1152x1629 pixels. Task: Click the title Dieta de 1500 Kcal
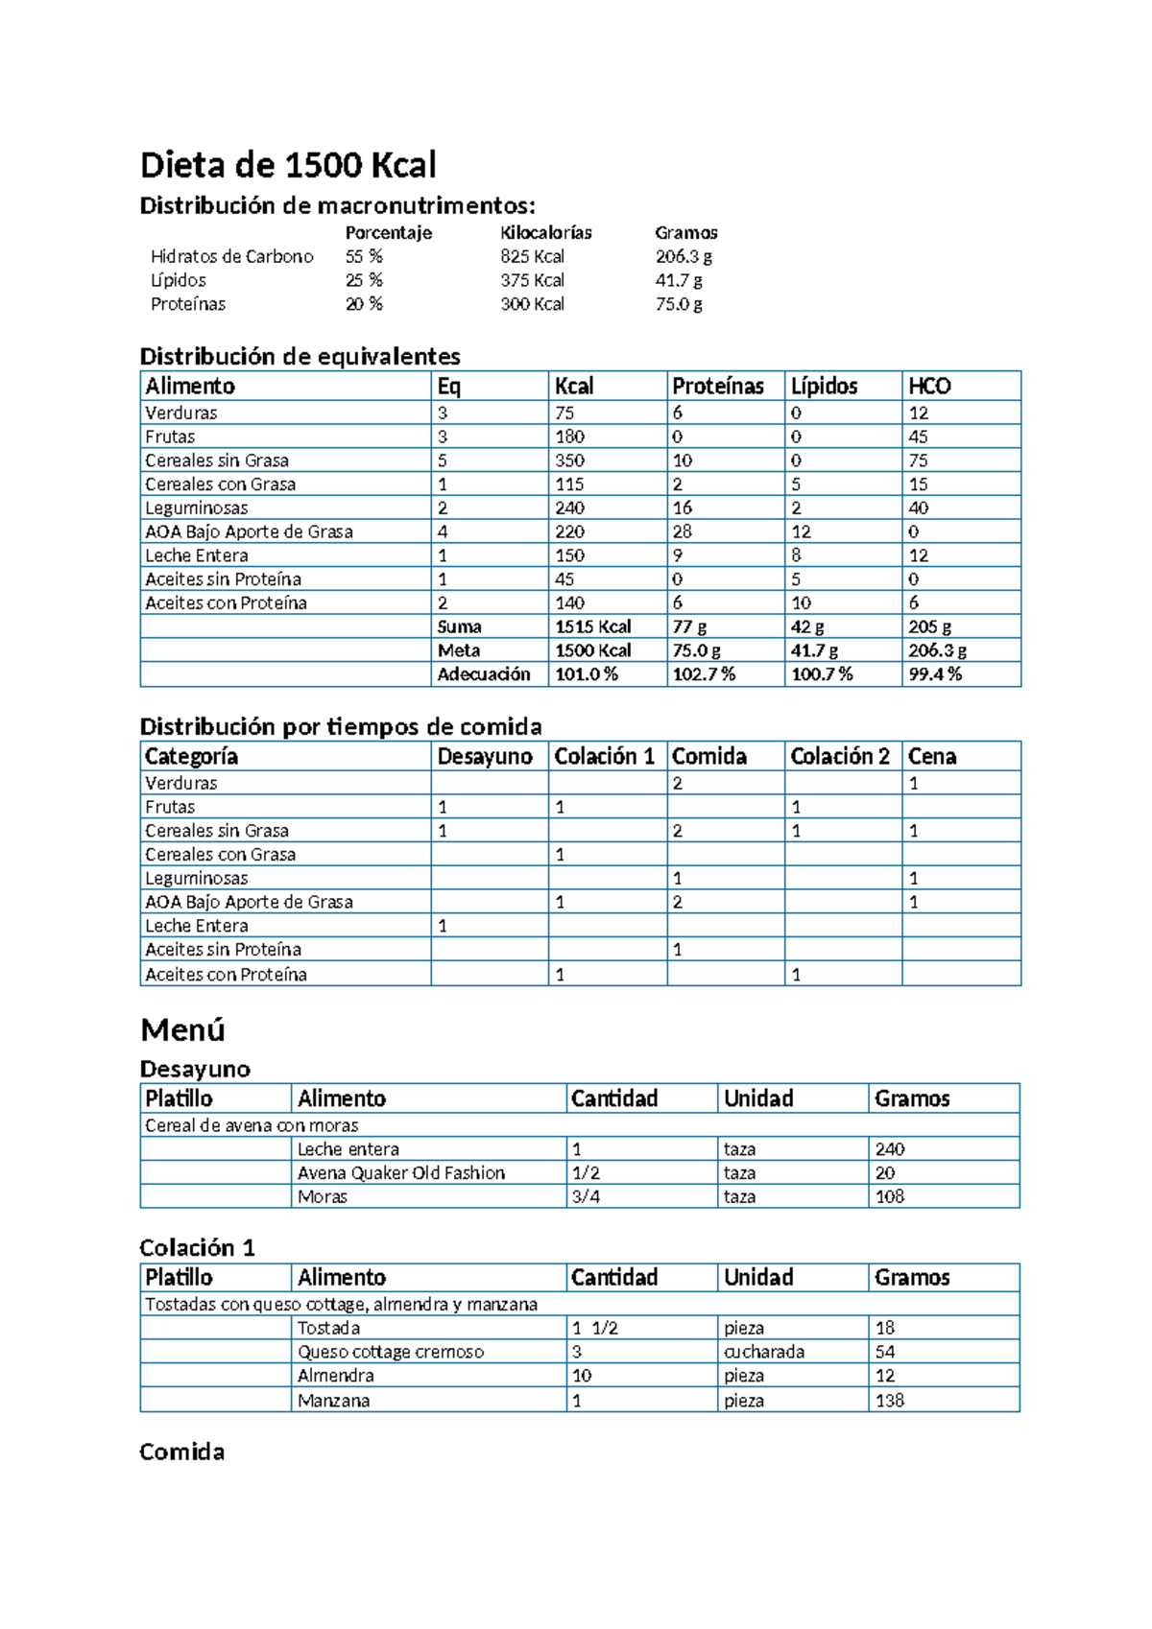tap(288, 165)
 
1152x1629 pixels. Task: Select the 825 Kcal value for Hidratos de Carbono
tap(532, 256)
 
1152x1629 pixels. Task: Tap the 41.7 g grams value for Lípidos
tap(679, 280)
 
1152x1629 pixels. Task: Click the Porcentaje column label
tap(388, 232)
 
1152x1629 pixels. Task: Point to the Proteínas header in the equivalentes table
tap(718, 386)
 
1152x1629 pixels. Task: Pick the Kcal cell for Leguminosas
tap(570, 508)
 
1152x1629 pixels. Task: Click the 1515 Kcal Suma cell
tap(593, 626)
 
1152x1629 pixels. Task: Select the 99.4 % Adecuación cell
tap(935, 674)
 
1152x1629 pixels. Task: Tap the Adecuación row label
tap(484, 674)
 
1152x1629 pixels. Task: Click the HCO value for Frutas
tap(919, 437)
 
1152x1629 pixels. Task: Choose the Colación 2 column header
tap(840, 756)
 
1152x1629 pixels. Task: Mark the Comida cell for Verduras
tap(678, 783)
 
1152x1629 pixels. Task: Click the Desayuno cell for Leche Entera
tap(443, 926)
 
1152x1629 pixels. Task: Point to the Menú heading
tap(182, 1029)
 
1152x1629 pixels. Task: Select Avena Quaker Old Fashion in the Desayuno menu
tap(401, 1172)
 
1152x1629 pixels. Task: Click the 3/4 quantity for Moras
tap(586, 1196)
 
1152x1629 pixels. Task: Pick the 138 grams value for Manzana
tap(890, 1400)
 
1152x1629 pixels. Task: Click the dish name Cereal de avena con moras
tap(252, 1125)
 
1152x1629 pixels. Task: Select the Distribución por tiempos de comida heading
tap(341, 726)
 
